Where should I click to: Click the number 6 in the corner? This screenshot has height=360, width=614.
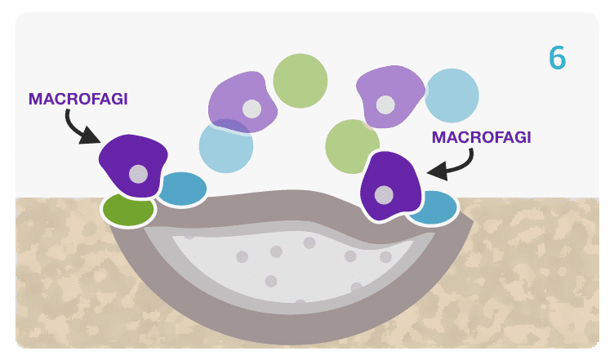point(557,57)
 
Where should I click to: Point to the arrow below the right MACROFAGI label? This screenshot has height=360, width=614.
point(452,167)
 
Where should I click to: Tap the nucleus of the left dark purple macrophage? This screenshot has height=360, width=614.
point(139,174)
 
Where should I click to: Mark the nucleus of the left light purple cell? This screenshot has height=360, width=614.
point(251,109)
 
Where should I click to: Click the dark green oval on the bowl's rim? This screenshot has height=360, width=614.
point(128,210)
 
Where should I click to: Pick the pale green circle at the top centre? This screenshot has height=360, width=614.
point(300,80)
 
